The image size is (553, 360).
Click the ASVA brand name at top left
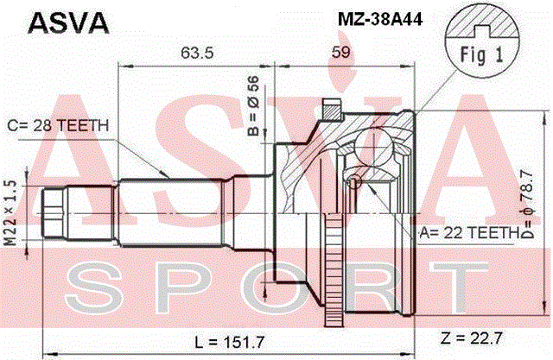coord(68,22)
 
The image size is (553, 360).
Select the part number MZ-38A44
coord(380,20)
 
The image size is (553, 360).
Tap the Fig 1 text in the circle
coord(481,55)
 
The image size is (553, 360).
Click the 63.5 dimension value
coord(197,53)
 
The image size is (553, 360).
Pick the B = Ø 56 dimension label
coord(253,105)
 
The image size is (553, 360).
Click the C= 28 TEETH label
coord(58,125)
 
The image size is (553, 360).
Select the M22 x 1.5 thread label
coord(10,212)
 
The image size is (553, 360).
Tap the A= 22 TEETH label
coord(470,232)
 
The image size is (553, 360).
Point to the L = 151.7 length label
coord(230,341)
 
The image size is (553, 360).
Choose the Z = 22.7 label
coord(471,338)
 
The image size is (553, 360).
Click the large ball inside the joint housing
coord(373,146)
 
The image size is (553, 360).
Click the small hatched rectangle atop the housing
coord(332,110)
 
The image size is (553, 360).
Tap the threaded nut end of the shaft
coord(54,213)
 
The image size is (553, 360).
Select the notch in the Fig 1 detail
coord(481,30)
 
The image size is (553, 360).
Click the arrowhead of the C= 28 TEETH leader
coord(165,174)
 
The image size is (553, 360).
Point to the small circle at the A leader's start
coord(354,182)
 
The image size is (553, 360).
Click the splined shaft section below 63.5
coord(171,213)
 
